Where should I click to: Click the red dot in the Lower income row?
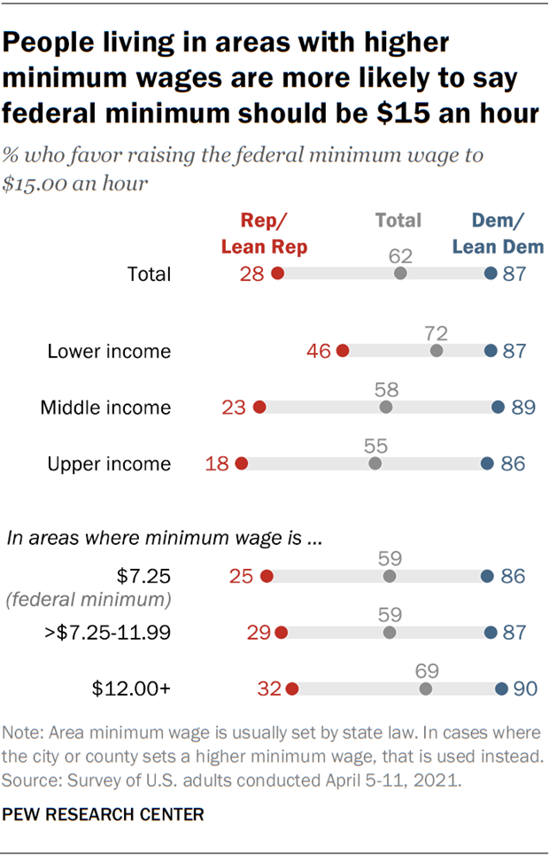(343, 351)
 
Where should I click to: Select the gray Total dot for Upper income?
(375, 463)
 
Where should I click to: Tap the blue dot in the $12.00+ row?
(501, 689)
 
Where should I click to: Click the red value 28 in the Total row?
(251, 274)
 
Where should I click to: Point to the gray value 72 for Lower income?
(436, 333)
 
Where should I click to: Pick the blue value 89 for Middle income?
(523, 408)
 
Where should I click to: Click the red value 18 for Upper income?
(217, 463)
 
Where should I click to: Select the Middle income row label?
(105, 408)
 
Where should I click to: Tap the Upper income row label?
(110, 463)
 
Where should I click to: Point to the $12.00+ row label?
(133, 689)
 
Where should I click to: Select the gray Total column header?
(398, 220)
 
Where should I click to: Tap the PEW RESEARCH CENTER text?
(104, 813)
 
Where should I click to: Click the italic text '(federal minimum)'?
(89, 600)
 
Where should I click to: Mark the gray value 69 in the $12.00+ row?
(426, 671)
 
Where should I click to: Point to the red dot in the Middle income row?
(259, 408)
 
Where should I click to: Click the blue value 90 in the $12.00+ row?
(523, 689)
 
